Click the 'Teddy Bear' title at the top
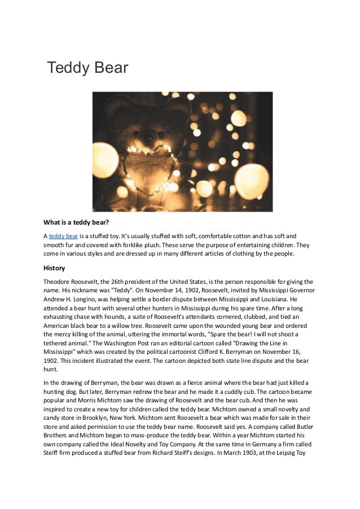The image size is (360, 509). tap(88, 68)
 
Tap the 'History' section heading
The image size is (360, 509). tap(54, 267)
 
